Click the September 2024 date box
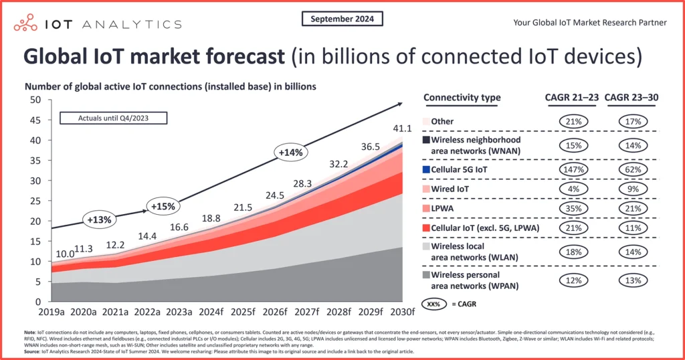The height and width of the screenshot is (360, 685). [x=342, y=19]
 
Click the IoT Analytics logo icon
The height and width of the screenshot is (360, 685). [x=26, y=23]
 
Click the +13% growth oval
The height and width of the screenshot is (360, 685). [x=98, y=219]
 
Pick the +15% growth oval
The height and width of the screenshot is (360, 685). [x=163, y=206]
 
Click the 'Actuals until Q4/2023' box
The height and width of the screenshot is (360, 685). [x=114, y=118]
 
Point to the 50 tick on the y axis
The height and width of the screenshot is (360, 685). [x=33, y=100]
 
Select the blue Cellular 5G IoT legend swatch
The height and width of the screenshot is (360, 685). [x=426, y=170]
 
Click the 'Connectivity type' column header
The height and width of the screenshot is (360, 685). [x=462, y=98]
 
